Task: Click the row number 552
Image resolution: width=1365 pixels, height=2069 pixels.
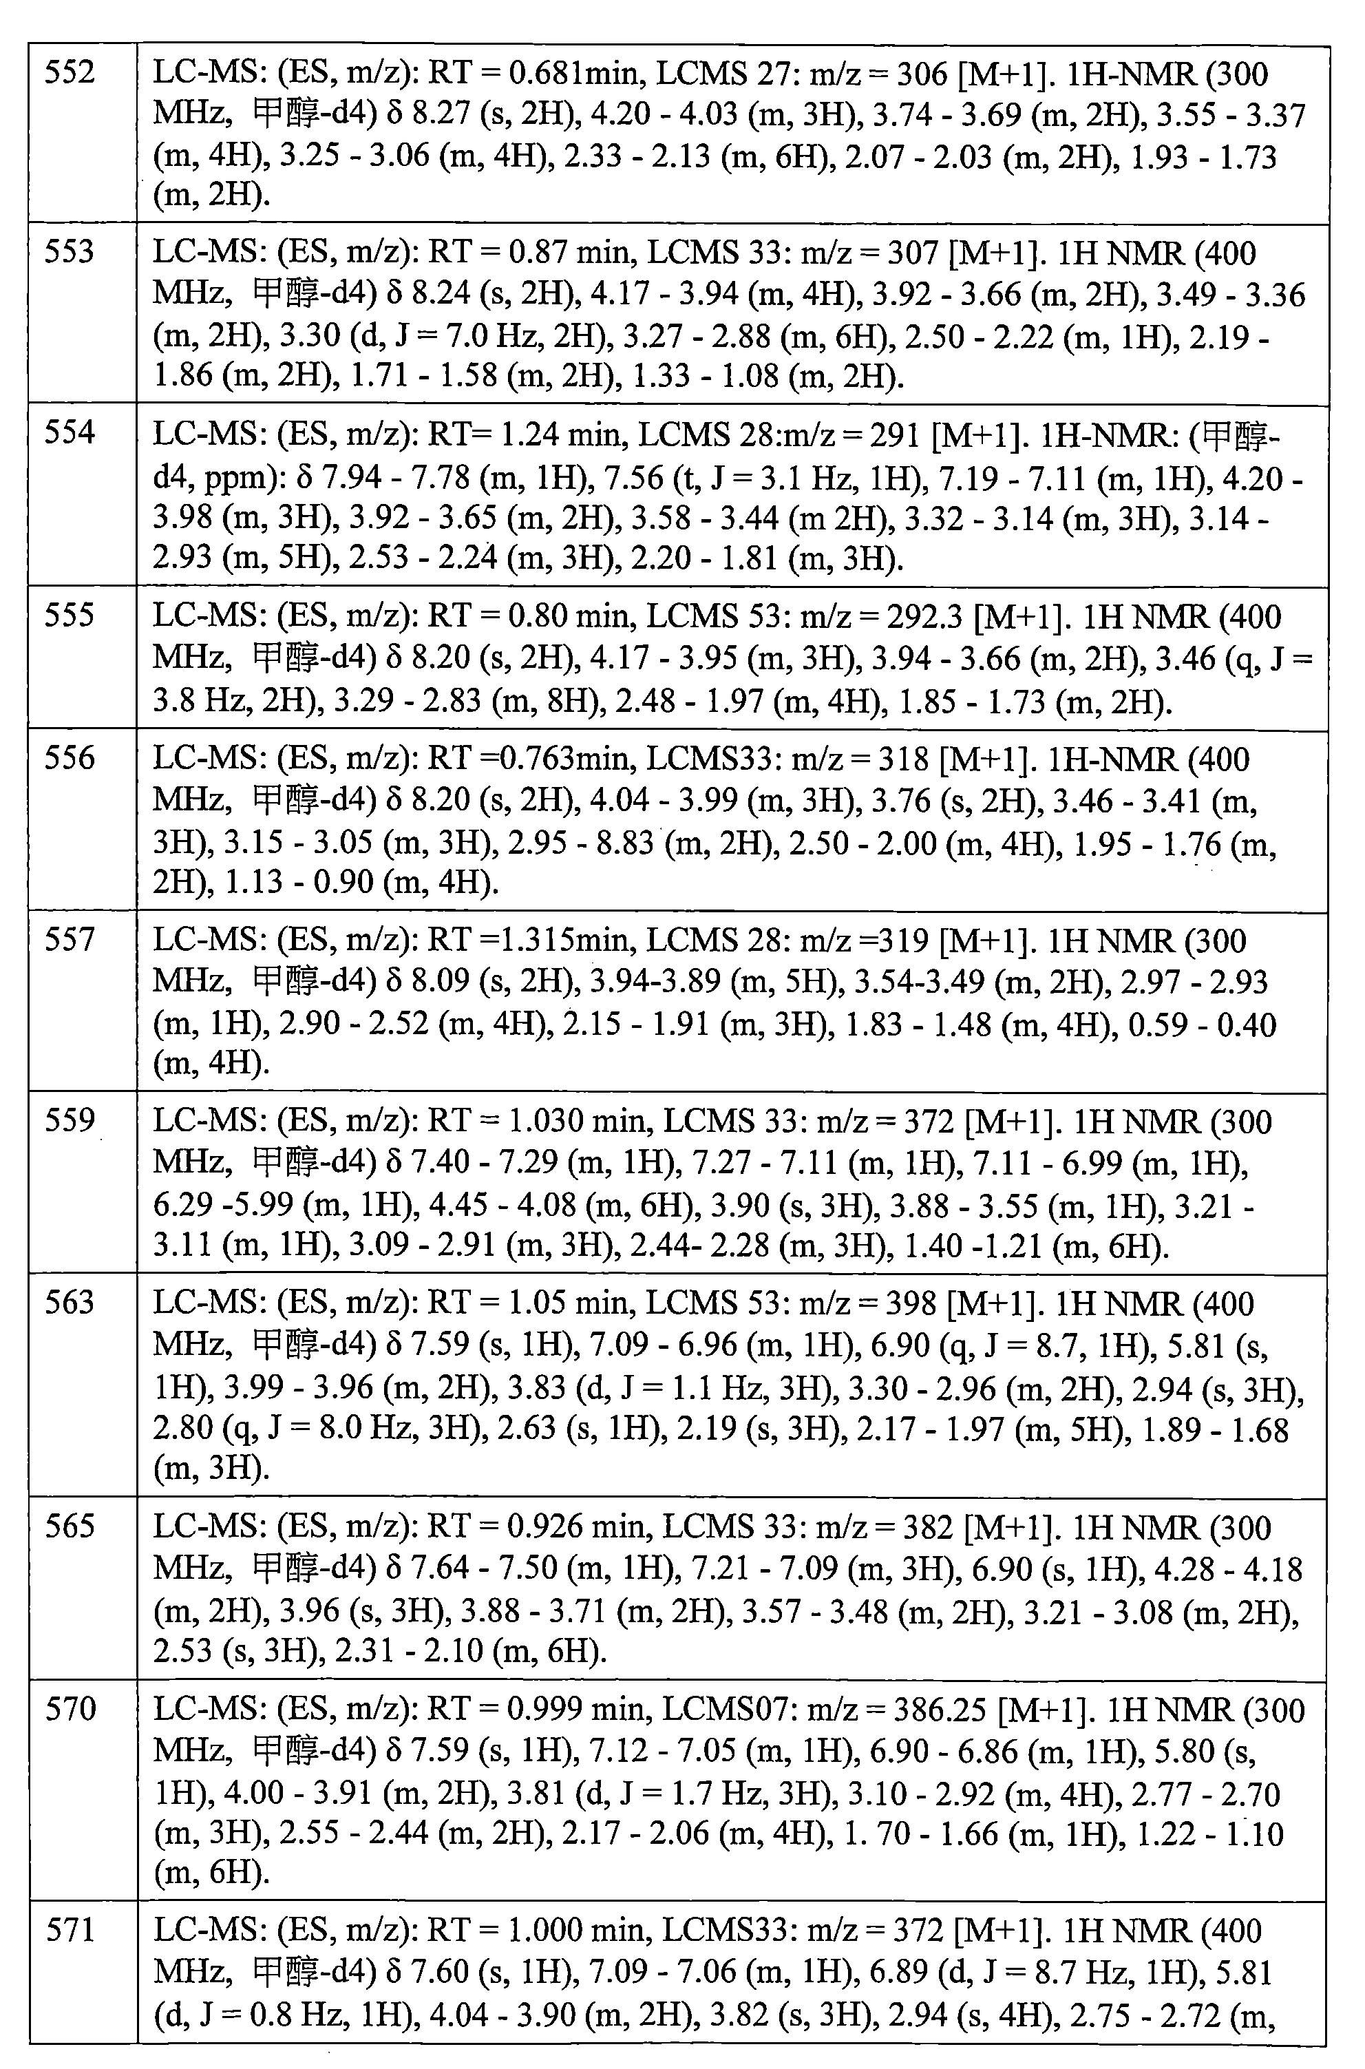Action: pyautogui.click(x=70, y=73)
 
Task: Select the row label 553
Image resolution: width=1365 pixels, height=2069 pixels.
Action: pyautogui.click(x=70, y=253)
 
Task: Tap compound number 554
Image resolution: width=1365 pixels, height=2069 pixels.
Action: pyautogui.click(x=70, y=433)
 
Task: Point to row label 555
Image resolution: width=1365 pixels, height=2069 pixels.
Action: pyautogui.click(x=70, y=616)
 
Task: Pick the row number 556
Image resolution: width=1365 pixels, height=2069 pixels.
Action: pyautogui.click(x=70, y=759)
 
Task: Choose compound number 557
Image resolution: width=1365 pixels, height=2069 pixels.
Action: pyautogui.click(x=70, y=941)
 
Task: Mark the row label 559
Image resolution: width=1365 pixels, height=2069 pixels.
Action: pyautogui.click(x=70, y=1121)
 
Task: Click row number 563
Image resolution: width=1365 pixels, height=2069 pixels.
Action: pyautogui.click(x=70, y=1303)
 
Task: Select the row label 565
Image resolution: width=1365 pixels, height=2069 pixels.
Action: pyautogui.click(x=70, y=1526)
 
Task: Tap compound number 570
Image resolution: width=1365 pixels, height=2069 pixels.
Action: pyautogui.click(x=70, y=1708)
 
